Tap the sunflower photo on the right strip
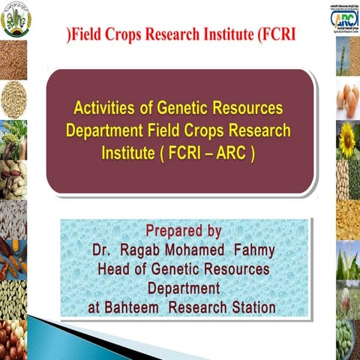347,139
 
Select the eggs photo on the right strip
347,98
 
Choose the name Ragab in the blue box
148,250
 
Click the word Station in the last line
250,307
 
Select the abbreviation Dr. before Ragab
103,250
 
